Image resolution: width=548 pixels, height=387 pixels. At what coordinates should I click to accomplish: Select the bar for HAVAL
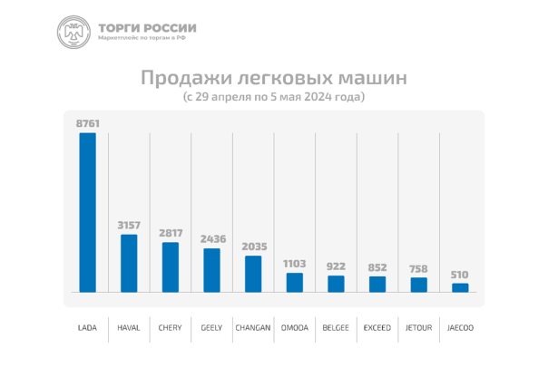tap(129, 263)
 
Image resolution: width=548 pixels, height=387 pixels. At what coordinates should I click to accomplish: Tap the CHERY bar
tap(171, 266)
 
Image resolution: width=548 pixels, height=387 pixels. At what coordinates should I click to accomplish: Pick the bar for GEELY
tap(211, 269)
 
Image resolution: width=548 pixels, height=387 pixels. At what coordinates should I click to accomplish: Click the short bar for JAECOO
tap(460, 287)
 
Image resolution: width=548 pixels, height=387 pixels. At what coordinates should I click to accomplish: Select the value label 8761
tap(87, 121)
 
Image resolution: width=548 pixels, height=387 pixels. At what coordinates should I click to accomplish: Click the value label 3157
tap(129, 224)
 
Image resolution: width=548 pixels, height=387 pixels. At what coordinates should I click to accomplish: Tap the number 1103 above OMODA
tap(295, 263)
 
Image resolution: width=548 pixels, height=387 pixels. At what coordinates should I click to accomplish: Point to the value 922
tap(336, 266)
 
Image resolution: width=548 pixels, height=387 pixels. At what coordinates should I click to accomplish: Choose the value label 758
tap(418, 267)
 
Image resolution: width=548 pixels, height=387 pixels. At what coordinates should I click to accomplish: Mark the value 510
tap(460, 274)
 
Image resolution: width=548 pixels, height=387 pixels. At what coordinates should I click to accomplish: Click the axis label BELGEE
tap(336, 327)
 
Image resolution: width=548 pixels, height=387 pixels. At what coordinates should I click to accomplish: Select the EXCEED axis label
tap(377, 327)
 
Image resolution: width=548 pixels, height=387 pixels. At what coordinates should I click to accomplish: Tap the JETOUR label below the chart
tap(418, 327)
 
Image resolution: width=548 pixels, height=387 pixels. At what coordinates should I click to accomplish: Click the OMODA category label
tap(295, 327)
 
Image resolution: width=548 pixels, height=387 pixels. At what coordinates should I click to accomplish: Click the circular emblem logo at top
tap(73, 33)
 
